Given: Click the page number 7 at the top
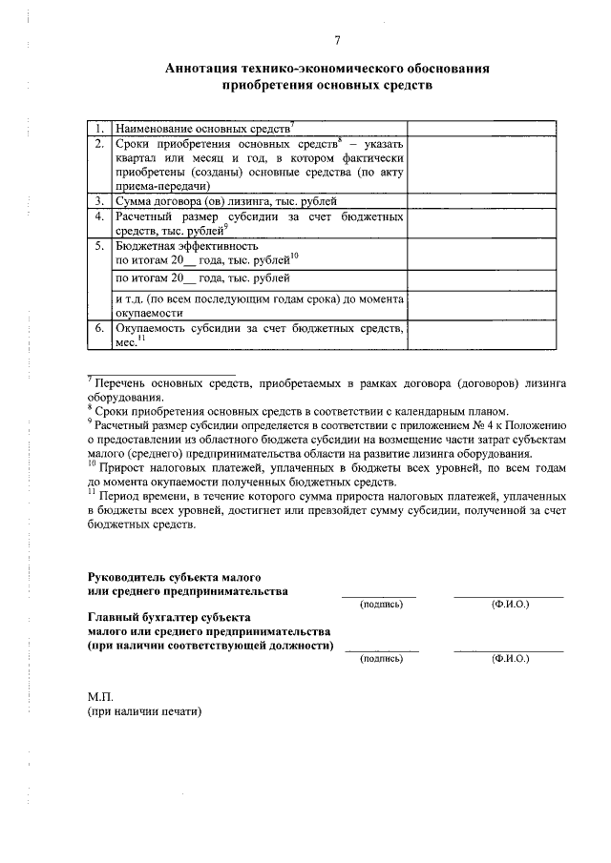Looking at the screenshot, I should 337,40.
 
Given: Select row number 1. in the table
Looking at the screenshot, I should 98,127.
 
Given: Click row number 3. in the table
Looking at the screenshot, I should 98,201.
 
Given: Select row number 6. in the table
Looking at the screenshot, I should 98,328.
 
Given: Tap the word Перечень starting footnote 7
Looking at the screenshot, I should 124,383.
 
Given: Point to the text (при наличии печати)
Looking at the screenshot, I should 146,711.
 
